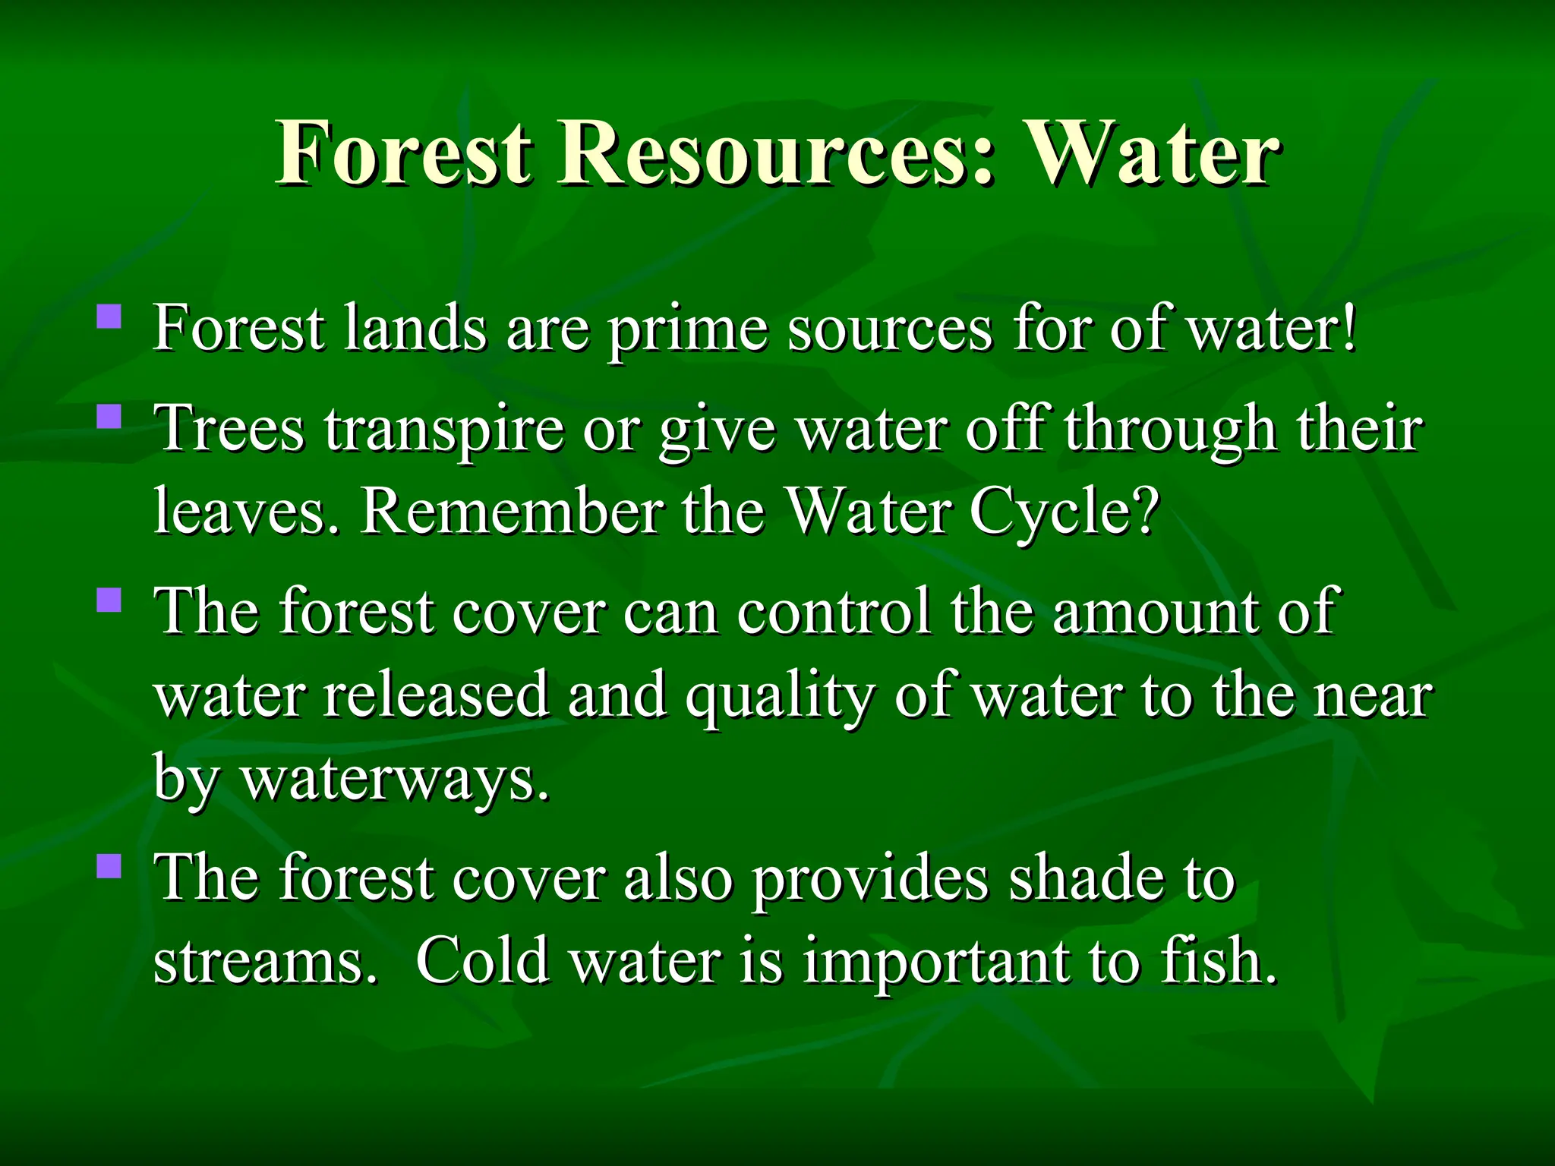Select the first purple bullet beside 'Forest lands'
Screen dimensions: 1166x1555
pyautogui.click(x=109, y=316)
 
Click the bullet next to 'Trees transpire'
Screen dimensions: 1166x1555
pyautogui.click(x=109, y=416)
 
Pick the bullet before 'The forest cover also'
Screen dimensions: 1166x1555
pyautogui.click(x=109, y=865)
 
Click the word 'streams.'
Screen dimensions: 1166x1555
pyautogui.click(x=265, y=961)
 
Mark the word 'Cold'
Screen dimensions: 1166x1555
pyautogui.click(x=483, y=961)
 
